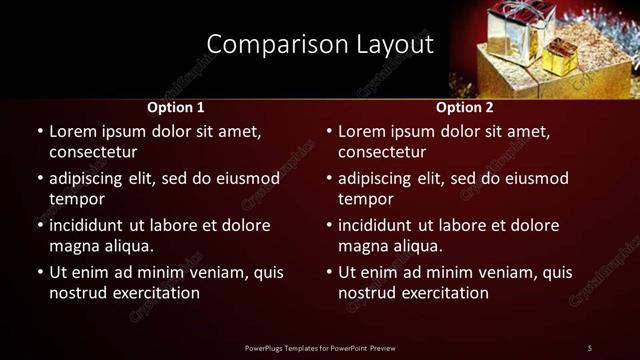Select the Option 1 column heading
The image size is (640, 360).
tap(176, 106)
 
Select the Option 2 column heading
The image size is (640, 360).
tap(465, 106)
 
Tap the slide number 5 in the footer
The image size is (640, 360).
tap(590, 347)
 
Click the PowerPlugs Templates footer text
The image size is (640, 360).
tap(319, 347)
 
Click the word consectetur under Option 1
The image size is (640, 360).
tap(93, 152)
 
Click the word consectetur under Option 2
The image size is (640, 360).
tap(382, 152)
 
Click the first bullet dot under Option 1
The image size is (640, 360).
tap(39, 131)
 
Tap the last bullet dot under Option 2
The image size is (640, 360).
tap(328, 272)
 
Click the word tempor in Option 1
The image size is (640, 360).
tap(75, 199)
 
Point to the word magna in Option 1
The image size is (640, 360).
tap(73, 246)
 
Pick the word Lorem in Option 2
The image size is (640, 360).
tap(362, 131)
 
